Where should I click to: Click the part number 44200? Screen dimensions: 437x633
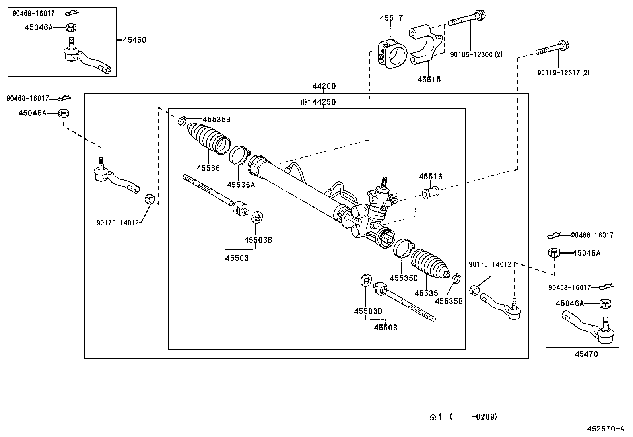pos(324,86)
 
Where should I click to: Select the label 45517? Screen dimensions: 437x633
pos(391,18)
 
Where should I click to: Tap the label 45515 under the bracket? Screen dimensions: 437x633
pos(429,79)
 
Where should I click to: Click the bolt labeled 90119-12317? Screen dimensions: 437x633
pos(553,49)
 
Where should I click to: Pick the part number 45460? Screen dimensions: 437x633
pos(134,40)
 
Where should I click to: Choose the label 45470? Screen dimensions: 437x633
pos(586,354)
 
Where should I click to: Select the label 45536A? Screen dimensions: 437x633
pos(241,185)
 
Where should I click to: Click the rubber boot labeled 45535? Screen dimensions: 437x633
pos(429,263)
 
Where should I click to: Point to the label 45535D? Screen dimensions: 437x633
pos(404,278)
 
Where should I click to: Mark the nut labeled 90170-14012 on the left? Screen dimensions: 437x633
pos(149,198)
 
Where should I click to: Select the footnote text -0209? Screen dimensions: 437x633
pos(483,417)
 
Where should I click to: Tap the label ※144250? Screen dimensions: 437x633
pos(318,102)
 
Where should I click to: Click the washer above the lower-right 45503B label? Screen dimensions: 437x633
pos(365,281)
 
